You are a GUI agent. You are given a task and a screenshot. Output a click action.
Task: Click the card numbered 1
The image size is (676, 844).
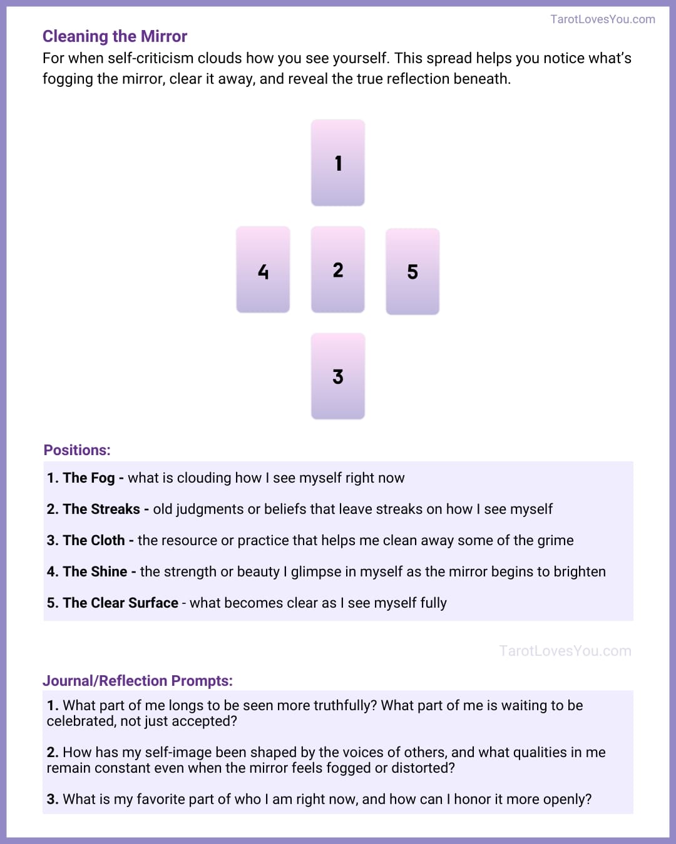click(x=338, y=163)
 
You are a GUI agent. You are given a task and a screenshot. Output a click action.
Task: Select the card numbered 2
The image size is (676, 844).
click(x=338, y=269)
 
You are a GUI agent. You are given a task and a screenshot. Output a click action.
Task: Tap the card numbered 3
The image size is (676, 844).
click(x=338, y=376)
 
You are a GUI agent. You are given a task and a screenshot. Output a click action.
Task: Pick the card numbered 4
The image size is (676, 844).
click(x=263, y=269)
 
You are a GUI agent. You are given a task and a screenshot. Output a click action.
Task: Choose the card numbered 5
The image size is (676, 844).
click(x=412, y=271)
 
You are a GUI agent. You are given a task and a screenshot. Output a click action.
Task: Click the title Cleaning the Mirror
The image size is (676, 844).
click(x=115, y=36)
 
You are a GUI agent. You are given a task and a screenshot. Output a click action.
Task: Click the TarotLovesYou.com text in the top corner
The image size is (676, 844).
click(x=602, y=19)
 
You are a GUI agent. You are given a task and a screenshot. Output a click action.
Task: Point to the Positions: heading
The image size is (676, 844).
click(x=77, y=450)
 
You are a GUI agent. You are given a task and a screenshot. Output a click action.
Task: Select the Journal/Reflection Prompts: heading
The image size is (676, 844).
click(x=137, y=681)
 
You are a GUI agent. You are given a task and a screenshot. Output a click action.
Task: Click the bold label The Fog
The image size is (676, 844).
click(x=88, y=478)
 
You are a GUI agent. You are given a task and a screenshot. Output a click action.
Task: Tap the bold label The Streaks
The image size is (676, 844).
click(x=101, y=510)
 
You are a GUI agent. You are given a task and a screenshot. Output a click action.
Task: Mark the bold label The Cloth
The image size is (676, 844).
click(x=93, y=541)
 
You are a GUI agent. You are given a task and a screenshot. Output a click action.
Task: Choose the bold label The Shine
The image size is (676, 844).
click(x=95, y=572)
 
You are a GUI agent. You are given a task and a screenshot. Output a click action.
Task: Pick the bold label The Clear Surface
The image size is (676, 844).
click(x=120, y=603)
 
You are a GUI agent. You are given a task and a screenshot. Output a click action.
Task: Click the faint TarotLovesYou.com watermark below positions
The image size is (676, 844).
click(x=565, y=651)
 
